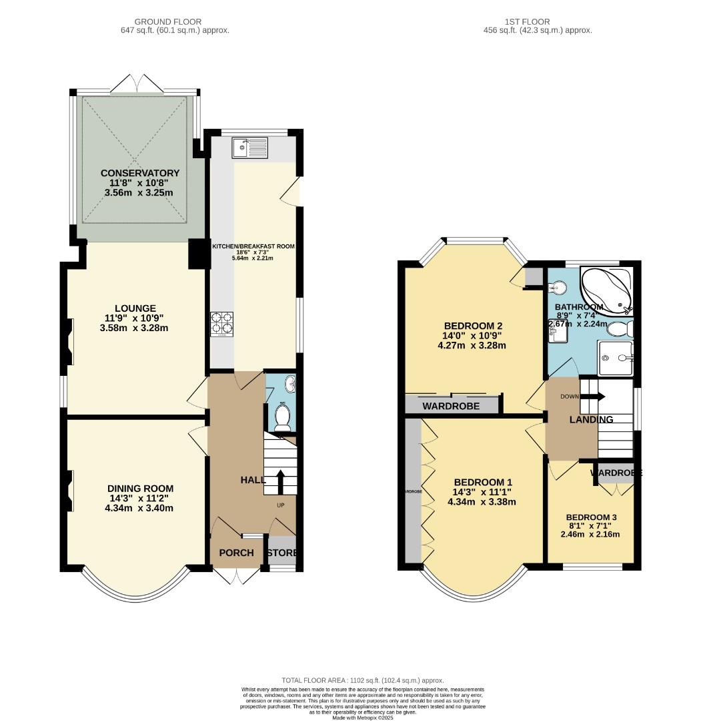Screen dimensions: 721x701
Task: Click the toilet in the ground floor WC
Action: (x=283, y=417)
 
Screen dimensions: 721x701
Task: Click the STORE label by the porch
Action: (x=281, y=553)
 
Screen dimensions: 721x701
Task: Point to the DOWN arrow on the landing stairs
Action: (x=594, y=397)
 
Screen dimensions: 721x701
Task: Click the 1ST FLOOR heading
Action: (x=538, y=22)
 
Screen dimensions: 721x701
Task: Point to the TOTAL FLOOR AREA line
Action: (x=362, y=680)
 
